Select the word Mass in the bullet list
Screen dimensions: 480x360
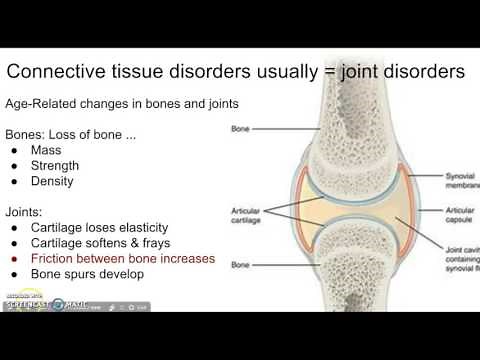tap(47, 149)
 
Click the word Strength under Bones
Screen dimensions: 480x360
tap(56, 167)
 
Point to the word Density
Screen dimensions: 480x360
tap(54, 184)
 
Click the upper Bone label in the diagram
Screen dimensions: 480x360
tap(240, 129)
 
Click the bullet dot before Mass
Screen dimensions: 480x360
tap(16, 149)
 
